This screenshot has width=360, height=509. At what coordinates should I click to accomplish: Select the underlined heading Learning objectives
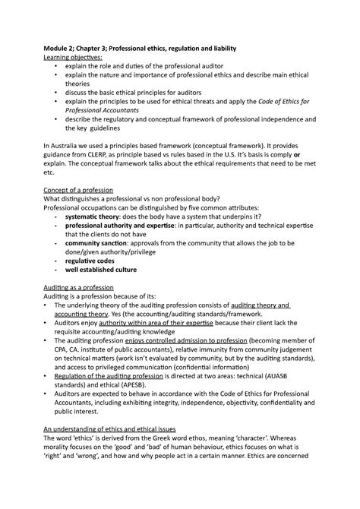(74, 58)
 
